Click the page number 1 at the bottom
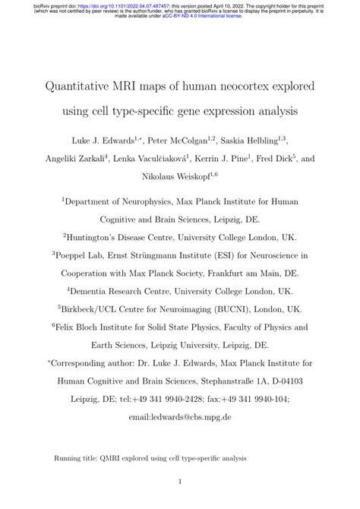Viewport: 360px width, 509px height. pos(179,482)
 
